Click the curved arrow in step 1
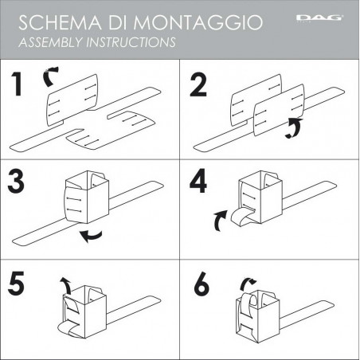point(50,75)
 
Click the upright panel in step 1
point(75,104)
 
